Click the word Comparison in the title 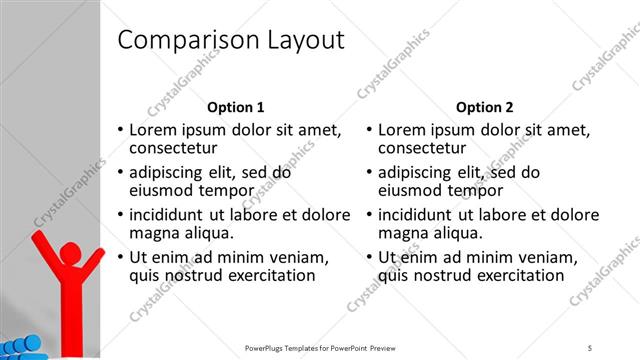coord(186,40)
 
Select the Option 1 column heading coord(236,107)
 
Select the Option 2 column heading coord(484,107)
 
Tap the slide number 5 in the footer coord(590,347)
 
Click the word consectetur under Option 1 coord(176,149)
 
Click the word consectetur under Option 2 coord(424,149)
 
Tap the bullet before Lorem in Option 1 coord(121,130)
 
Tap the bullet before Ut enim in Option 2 coord(370,257)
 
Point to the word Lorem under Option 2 coord(404,130)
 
